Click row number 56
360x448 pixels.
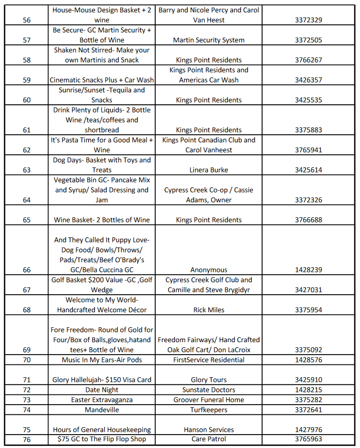[x=27, y=20]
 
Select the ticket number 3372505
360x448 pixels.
[x=308, y=40]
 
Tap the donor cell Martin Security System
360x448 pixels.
[x=209, y=40]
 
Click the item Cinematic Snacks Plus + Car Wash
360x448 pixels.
[x=102, y=80]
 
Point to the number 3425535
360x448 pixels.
[x=308, y=100]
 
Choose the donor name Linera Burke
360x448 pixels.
[x=209, y=170]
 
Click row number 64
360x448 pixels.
[x=27, y=200]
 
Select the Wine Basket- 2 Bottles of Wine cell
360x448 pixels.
[x=102, y=220]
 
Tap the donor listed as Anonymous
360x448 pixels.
[x=209, y=270]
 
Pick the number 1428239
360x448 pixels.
[x=308, y=270]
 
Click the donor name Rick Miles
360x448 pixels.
[x=209, y=310]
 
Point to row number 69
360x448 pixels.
[x=27, y=350]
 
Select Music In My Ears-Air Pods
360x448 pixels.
[x=102, y=360]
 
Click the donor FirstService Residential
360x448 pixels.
[x=209, y=360]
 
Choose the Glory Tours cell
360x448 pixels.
[x=209, y=380]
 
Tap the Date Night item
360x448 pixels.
[x=102, y=390]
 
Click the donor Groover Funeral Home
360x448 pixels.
[x=209, y=399]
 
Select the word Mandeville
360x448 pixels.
[x=102, y=410]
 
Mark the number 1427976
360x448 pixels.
[x=308, y=430]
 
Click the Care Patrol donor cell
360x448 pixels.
[x=209, y=439]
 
